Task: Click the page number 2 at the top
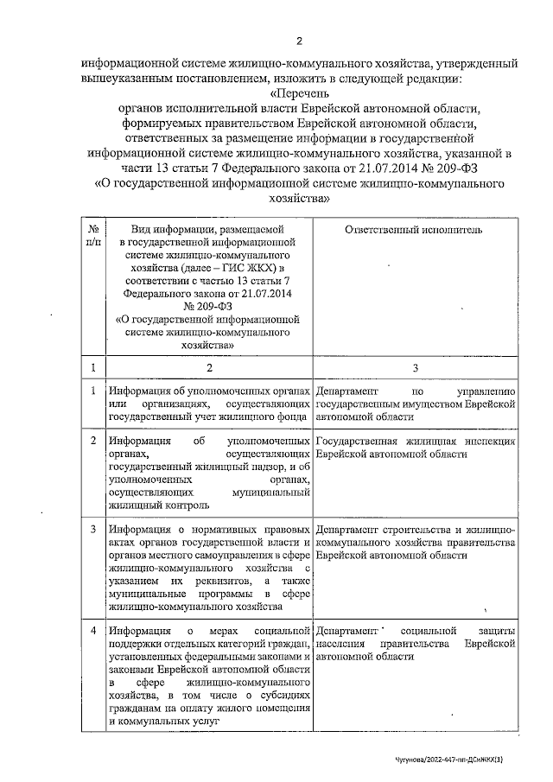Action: point(299,41)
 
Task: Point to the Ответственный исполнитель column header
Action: point(413,230)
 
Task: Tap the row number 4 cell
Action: point(92,631)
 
